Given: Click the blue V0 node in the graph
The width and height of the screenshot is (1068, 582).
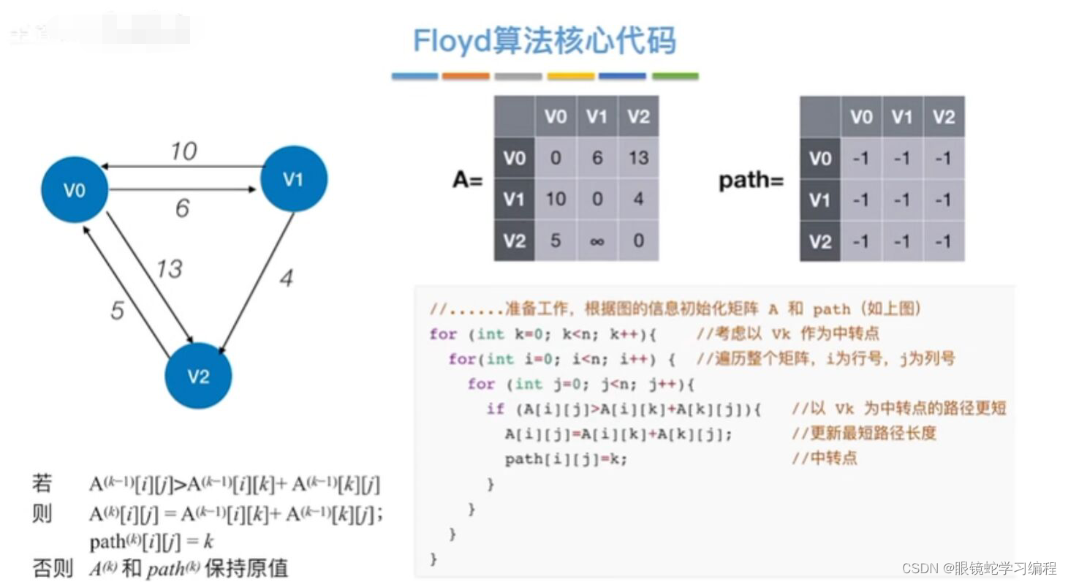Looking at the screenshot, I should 75,189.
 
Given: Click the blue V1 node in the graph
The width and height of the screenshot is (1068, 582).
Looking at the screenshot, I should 294,178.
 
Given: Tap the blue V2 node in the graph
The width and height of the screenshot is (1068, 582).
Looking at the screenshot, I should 198,376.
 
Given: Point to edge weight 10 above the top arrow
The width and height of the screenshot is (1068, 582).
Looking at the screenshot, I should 183,151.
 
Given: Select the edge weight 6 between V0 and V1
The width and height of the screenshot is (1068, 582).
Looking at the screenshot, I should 182,208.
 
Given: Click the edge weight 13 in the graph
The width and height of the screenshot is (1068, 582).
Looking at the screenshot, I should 168,268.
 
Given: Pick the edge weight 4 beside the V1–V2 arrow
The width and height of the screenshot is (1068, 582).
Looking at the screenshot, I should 287,278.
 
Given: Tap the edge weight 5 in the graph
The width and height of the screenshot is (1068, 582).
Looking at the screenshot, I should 117,311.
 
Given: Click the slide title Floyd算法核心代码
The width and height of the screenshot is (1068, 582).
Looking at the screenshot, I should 545,41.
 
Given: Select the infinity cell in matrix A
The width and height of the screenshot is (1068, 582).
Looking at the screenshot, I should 597,241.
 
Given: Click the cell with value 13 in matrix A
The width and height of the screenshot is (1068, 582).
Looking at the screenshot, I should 638,157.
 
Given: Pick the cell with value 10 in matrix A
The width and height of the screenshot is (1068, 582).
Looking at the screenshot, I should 556,199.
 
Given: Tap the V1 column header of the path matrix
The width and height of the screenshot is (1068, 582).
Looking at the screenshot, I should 902,117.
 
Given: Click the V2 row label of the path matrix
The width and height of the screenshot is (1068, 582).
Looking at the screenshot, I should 820,241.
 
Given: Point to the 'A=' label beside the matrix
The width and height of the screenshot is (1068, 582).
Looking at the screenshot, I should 468,180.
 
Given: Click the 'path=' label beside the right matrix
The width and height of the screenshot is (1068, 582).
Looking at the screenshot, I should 751,180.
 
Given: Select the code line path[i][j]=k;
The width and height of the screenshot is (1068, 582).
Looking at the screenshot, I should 566,459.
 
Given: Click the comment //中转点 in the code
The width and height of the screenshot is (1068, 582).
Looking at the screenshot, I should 825,458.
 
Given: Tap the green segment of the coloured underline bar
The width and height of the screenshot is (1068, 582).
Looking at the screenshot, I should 675,76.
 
